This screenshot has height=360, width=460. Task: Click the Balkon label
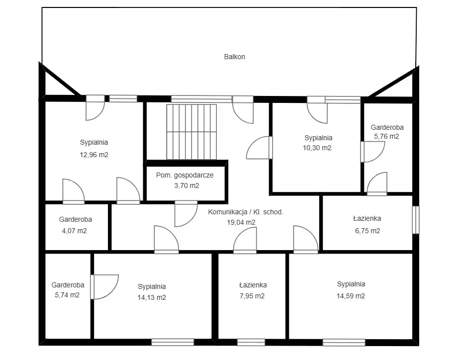234,57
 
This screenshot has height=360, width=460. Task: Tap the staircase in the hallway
191,132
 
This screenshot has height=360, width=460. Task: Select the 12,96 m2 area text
94,155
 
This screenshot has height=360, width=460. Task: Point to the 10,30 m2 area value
317,148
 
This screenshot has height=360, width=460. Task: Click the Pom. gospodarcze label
185,175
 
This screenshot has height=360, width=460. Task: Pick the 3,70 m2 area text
186,185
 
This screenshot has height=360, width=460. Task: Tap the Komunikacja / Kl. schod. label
246,212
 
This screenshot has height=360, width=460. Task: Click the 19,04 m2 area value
241,222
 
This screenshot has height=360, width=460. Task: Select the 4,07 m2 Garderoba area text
74,231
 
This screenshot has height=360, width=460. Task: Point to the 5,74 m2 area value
67,295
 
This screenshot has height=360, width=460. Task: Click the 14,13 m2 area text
152,297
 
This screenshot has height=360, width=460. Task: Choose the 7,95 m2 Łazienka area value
252,296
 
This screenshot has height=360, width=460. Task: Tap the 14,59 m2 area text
351,296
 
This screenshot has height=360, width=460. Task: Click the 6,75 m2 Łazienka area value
368,231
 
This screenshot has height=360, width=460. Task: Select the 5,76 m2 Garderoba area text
386,136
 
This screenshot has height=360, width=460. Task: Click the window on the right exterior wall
416,220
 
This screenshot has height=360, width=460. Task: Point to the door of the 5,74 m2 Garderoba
104,286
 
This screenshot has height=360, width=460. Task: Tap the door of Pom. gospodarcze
186,214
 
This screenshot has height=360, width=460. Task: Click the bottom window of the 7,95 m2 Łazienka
251,342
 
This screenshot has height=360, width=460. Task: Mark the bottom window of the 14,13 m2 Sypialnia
173,342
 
